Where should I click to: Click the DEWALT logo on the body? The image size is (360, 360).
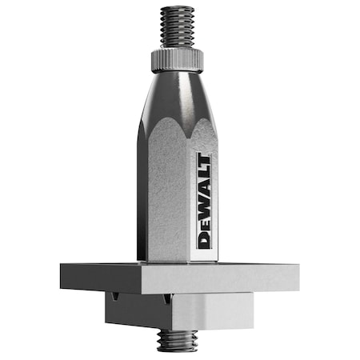pos(203,200)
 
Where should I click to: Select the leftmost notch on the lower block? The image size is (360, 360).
pos(117,297)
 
